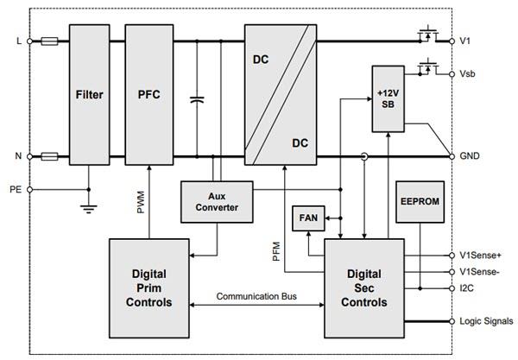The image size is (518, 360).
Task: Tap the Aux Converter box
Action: tap(216, 201)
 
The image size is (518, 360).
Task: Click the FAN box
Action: tap(307, 218)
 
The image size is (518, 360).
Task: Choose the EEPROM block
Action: tap(420, 202)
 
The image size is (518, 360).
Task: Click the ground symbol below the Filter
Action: tap(88, 207)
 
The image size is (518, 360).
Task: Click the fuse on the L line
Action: tap(49, 41)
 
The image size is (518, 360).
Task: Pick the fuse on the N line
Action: tap(49, 157)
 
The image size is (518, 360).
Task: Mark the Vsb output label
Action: tap(469, 75)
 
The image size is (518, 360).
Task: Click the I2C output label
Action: tap(466, 287)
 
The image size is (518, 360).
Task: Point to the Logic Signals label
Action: tap(484, 320)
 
